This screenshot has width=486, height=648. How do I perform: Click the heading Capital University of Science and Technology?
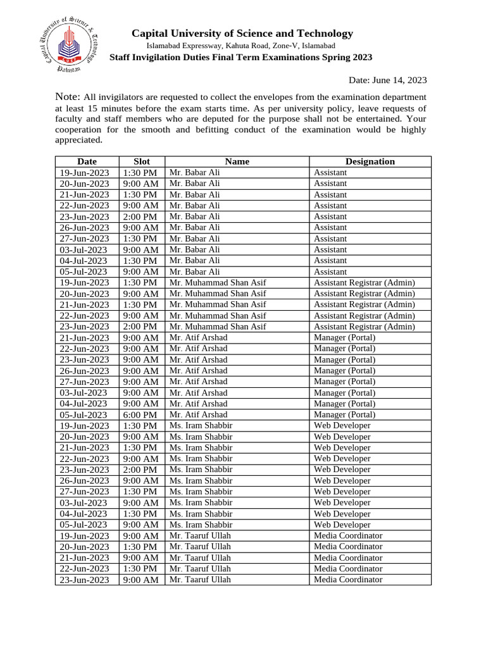pyautogui.click(x=242, y=34)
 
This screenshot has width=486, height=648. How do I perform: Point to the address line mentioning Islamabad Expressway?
pyautogui.click(x=241, y=46)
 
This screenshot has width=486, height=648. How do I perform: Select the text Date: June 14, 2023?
pyautogui.click(x=388, y=80)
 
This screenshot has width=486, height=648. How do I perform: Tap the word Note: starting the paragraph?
pyautogui.click(x=68, y=97)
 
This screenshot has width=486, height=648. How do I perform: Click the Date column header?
pyautogui.click(x=87, y=161)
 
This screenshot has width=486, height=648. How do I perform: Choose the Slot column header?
pyautogui.click(x=142, y=161)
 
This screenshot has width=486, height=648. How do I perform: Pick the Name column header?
pyautogui.click(x=237, y=161)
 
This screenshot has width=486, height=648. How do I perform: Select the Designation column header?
pyautogui.click(x=370, y=161)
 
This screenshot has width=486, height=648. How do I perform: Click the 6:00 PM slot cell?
pyautogui.click(x=142, y=414)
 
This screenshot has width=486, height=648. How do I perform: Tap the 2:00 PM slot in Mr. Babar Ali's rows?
pyautogui.click(x=142, y=216)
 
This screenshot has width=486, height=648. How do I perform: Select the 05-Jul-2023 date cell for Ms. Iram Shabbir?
pyautogui.click(x=87, y=525)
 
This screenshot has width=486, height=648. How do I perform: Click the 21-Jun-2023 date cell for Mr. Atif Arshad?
pyautogui.click(x=87, y=338)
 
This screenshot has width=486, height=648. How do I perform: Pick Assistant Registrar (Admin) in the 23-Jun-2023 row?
pyautogui.click(x=364, y=327)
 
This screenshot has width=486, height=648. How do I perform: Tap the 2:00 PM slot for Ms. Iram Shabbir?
pyautogui.click(x=142, y=470)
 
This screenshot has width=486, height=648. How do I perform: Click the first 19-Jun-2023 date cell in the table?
pyautogui.click(x=87, y=173)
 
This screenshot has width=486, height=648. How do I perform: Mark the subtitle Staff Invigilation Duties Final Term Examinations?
pyautogui.click(x=241, y=57)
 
